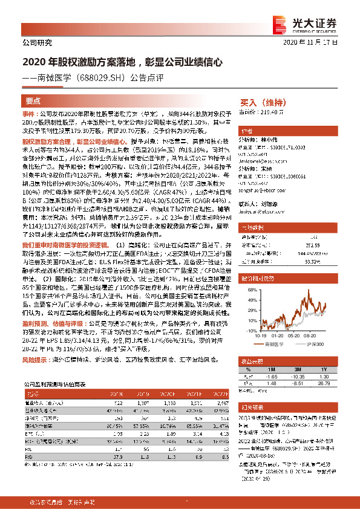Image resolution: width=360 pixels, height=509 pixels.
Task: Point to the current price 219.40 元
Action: coord(269,112)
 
